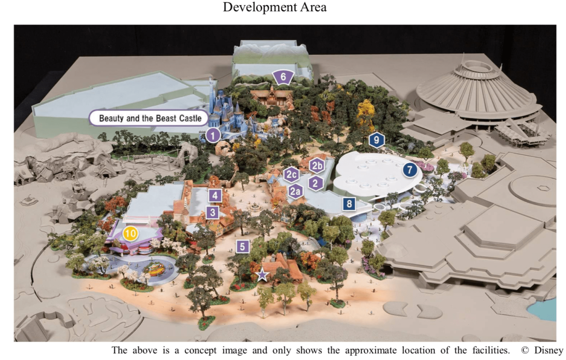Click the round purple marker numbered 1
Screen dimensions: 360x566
213,136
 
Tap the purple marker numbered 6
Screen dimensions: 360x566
283,76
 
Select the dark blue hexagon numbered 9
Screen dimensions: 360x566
376,140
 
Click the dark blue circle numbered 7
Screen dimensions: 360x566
409,170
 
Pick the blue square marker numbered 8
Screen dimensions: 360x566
349,204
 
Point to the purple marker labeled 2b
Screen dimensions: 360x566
316,165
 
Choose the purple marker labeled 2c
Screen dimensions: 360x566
291,175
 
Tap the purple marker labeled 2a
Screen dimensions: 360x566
296,191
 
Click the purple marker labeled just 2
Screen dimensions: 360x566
316,182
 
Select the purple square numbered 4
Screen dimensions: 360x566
215,195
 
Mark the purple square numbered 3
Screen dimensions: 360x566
213,212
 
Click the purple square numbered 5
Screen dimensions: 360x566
242,246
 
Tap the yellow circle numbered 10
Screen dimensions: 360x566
130,233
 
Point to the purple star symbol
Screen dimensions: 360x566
262,274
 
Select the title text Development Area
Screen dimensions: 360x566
275,8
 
